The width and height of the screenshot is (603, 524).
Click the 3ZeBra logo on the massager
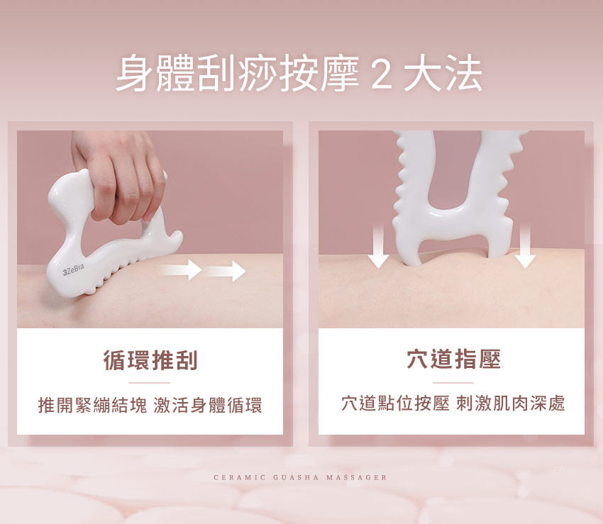pyautogui.click(x=74, y=270)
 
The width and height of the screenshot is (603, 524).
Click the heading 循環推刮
pyautogui.click(x=150, y=360)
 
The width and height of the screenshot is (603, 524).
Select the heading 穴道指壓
pyautogui.click(x=453, y=359)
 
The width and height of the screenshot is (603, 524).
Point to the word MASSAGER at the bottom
pyautogui.click(x=356, y=477)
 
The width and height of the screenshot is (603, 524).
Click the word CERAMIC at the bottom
pyautogui.click(x=239, y=477)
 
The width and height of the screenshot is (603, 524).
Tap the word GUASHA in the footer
pyautogui.click(x=296, y=477)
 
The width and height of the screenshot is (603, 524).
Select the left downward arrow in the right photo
pyautogui.click(x=378, y=246)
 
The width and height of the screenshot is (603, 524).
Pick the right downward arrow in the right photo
pyautogui.click(x=525, y=246)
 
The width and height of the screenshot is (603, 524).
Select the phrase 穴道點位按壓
pyautogui.click(x=395, y=403)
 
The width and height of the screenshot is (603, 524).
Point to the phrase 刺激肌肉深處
pyautogui.click(x=511, y=403)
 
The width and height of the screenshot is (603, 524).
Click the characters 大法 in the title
pyautogui.click(x=443, y=74)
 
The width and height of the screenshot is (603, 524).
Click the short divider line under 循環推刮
pyautogui.click(x=150, y=383)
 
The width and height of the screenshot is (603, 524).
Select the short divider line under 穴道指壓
pyautogui.click(x=453, y=383)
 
